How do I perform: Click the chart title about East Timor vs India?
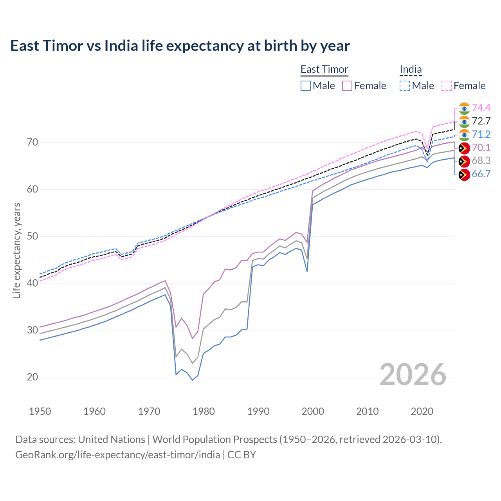[180, 46]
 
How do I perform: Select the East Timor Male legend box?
[306, 86]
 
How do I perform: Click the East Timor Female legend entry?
[364, 86]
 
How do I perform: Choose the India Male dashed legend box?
[405, 86]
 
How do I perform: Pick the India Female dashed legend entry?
[463, 86]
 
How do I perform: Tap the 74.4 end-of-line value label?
[481, 108]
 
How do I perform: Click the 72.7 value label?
[481, 121]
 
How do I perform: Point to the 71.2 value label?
[481, 134]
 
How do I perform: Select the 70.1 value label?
[481, 148]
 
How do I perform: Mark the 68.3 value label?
[481, 161]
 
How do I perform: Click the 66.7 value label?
[481, 174]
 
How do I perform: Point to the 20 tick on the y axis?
[32, 377]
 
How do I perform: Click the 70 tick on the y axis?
[32, 142]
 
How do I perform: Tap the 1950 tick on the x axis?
[40, 411]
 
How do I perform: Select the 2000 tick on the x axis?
[313, 411]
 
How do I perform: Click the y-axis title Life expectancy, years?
[16, 250]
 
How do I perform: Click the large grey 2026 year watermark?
[413, 375]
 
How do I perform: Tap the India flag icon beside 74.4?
[464, 108]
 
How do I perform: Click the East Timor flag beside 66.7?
[464, 175]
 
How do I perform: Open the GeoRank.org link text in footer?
[117, 455]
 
